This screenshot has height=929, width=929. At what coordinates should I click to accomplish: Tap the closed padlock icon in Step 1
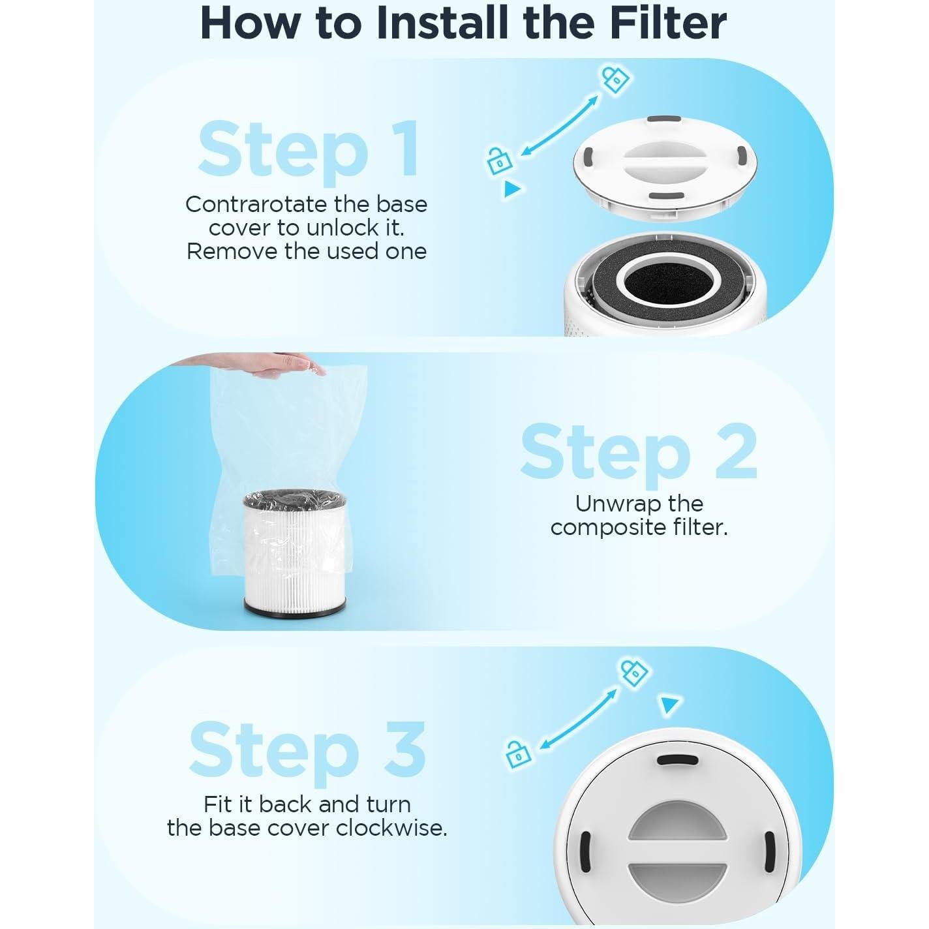click(615, 80)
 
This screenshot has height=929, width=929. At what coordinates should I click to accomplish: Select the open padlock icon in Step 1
click(499, 160)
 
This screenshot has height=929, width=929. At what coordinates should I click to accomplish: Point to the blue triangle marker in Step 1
click(511, 189)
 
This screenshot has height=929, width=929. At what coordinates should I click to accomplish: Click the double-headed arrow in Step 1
click(560, 125)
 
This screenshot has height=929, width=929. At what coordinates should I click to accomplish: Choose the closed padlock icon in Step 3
click(635, 674)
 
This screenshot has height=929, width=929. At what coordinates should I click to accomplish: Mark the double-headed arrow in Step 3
click(577, 719)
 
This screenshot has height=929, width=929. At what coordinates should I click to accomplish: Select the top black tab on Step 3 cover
click(677, 761)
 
